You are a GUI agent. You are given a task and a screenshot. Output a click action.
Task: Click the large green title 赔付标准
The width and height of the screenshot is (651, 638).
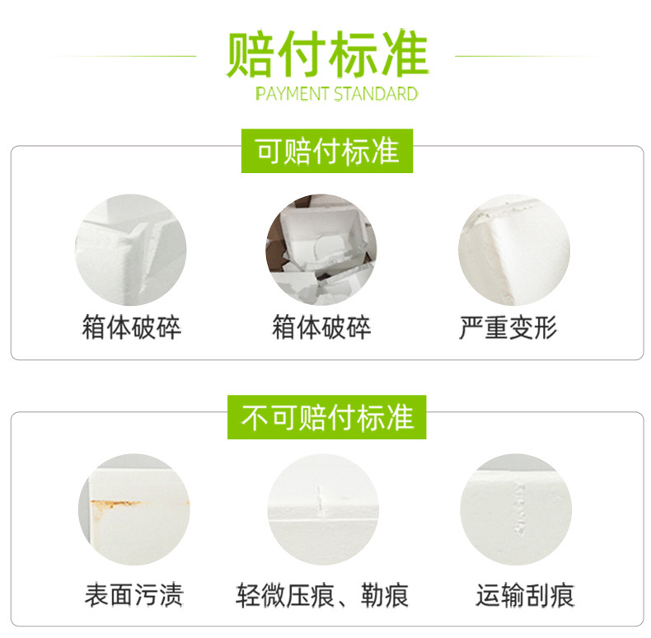(x=327, y=54)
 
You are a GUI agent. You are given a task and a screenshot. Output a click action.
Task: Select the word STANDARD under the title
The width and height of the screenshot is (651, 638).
(x=376, y=93)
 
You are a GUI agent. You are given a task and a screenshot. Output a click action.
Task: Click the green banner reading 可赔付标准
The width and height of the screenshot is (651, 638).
(x=327, y=151)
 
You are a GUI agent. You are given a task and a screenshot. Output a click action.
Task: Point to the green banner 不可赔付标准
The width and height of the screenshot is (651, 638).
(x=327, y=418)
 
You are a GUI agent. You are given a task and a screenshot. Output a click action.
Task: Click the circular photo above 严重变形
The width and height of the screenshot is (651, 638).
(x=513, y=250)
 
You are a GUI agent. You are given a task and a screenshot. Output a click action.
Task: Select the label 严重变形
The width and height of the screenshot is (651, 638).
(x=508, y=328)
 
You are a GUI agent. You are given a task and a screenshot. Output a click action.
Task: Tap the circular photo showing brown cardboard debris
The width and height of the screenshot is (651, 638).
(x=321, y=250)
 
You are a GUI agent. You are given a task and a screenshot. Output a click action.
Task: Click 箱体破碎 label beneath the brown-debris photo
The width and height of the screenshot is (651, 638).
(x=321, y=328)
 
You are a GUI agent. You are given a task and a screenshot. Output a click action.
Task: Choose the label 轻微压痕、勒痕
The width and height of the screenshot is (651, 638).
(x=321, y=594)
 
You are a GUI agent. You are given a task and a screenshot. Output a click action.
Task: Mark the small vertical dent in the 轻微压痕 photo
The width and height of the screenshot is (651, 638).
(x=320, y=497)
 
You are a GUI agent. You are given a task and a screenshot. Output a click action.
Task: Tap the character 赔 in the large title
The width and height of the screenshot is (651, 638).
(x=252, y=54)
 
